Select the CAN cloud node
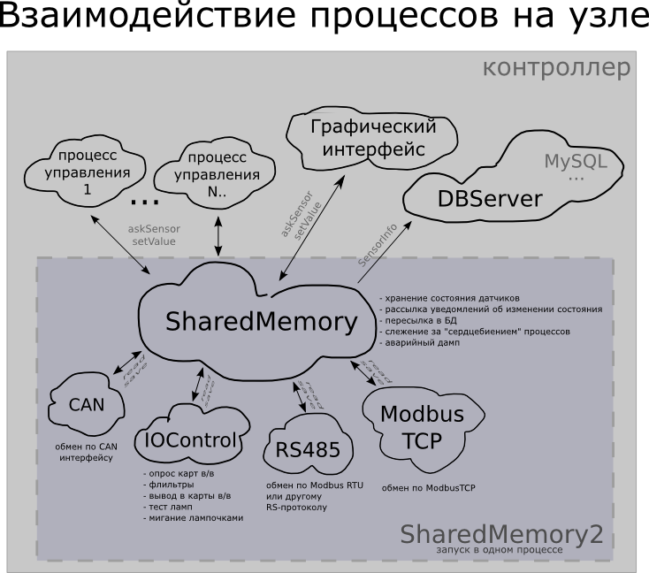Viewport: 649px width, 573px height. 87,405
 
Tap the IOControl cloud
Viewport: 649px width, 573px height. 190,439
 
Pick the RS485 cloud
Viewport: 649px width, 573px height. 307,449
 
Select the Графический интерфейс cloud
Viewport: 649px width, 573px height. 373,138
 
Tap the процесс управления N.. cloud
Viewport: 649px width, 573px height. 217,167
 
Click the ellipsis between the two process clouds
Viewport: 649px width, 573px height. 144,202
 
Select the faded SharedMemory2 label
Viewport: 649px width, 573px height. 501,534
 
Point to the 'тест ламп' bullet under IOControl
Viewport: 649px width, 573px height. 172,508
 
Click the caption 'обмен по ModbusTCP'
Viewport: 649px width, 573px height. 428,487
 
